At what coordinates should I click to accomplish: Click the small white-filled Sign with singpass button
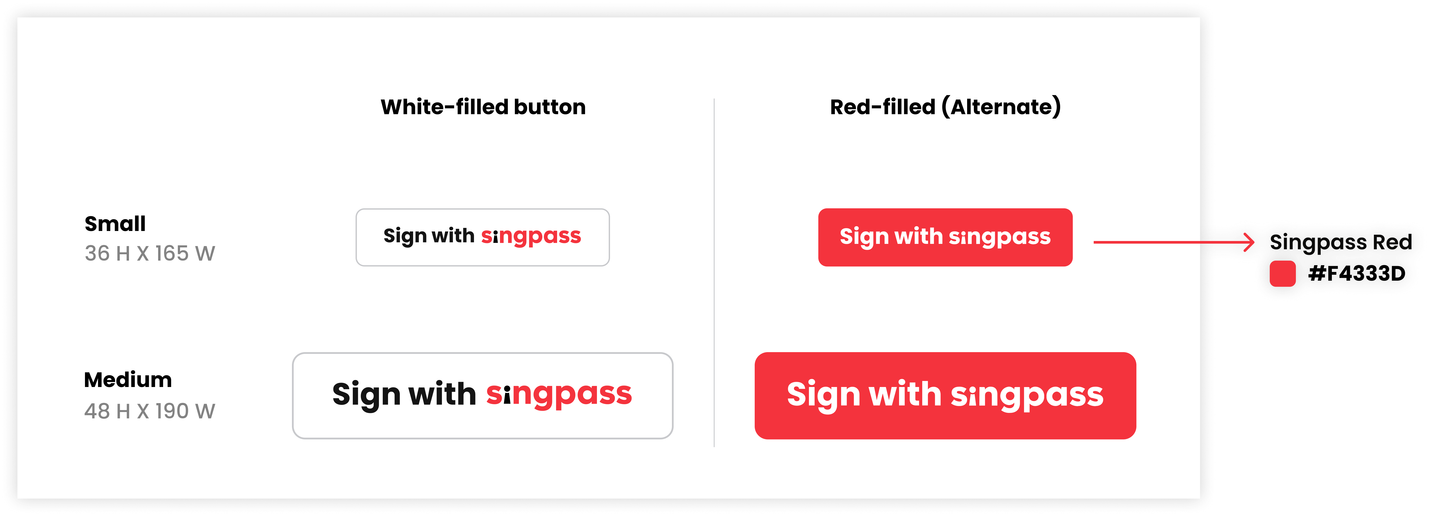(x=483, y=238)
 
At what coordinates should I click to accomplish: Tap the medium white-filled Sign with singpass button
(x=483, y=395)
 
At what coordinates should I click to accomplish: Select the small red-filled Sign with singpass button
(x=945, y=238)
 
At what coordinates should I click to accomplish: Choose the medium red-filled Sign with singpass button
(x=945, y=395)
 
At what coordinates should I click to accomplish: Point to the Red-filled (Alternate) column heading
(x=945, y=107)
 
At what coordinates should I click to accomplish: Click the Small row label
(x=115, y=224)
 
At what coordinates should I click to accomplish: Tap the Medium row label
(x=128, y=380)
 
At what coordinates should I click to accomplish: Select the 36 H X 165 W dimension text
(x=150, y=254)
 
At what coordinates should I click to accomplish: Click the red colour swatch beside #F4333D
(x=1283, y=273)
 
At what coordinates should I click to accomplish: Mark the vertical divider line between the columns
(x=714, y=272)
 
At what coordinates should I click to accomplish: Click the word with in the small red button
(x=919, y=236)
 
